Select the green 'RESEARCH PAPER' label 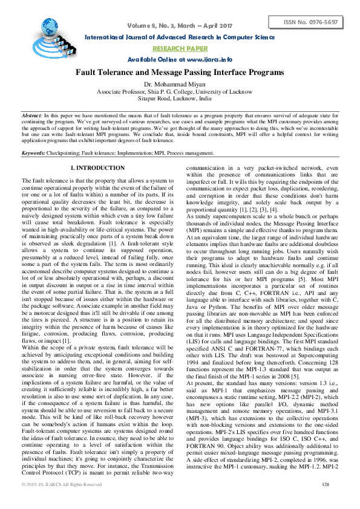[x=179, y=48]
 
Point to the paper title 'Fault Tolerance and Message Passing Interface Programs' [x=180, y=73]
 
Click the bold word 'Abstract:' [x=32, y=114]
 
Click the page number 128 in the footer [x=325, y=502]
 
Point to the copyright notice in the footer [x=62, y=502]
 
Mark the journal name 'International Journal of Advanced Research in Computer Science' [x=179, y=37]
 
